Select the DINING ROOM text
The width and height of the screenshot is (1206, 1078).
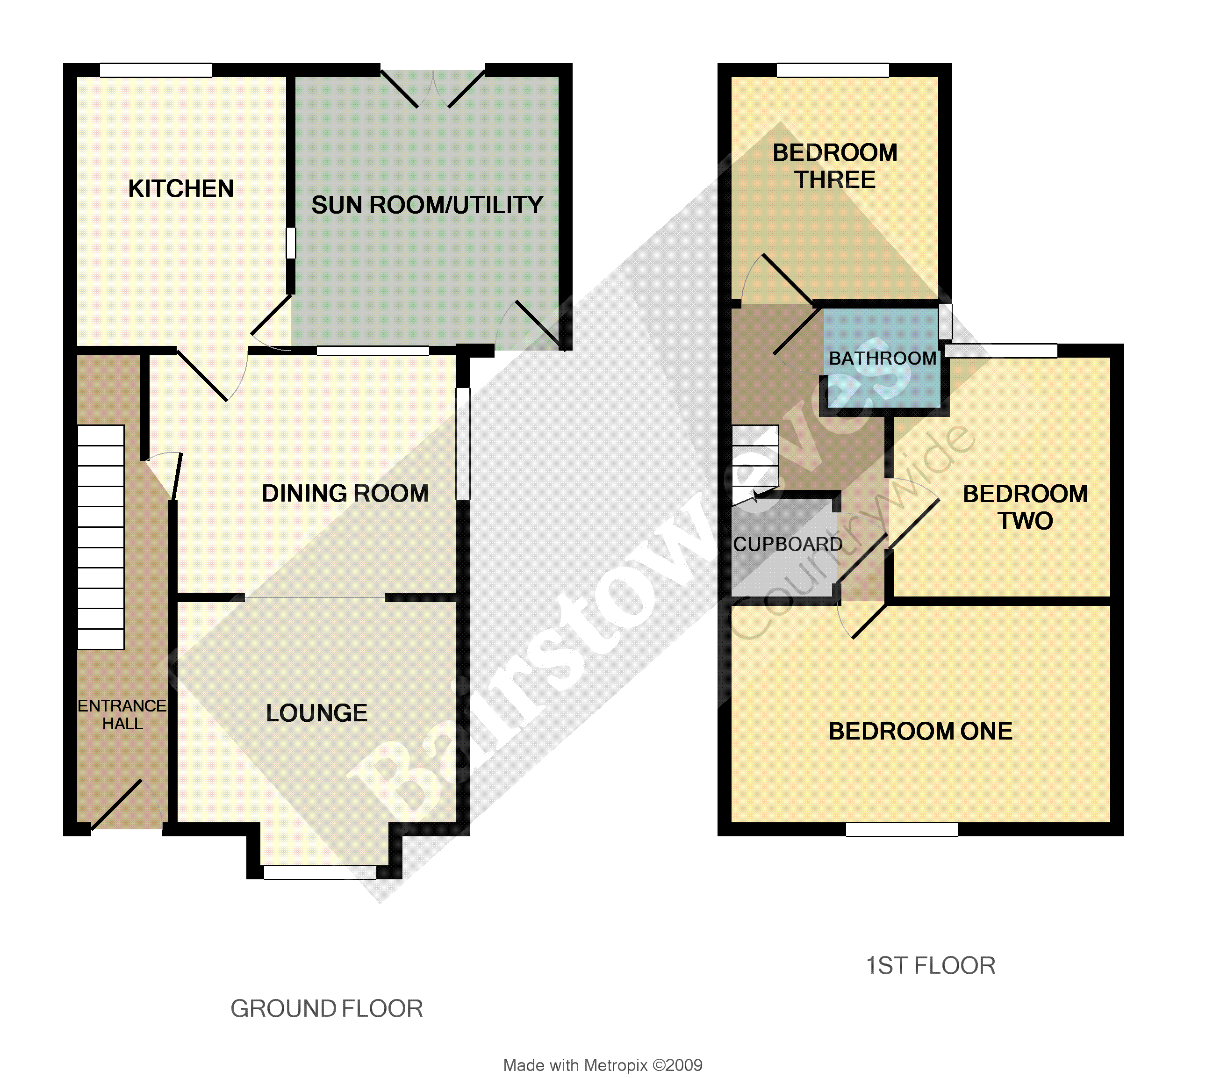coord(345,493)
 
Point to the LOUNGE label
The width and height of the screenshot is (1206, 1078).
coord(317,713)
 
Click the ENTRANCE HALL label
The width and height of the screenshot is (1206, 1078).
coord(122,714)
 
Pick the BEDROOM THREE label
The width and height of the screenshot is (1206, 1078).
coord(835,166)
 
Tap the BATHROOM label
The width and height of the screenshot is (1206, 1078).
coord(883,359)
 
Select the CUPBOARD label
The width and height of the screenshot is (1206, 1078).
coord(788,544)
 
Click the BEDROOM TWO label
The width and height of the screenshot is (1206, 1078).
coord(1026,508)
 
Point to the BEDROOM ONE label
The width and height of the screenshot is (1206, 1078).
coord(920,732)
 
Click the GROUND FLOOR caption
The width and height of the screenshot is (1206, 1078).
coord(327,1009)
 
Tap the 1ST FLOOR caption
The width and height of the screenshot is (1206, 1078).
coord(931,965)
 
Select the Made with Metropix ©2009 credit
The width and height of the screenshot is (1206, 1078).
coord(603,1065)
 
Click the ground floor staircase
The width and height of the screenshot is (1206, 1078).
coord(100,537)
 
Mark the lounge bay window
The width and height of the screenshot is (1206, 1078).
coord(320,872)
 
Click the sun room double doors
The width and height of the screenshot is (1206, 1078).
coord(433,89)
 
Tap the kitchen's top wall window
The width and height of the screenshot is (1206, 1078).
coord(156,70)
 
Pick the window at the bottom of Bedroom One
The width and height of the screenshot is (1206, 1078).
coord(902,830)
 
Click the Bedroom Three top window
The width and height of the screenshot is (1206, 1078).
coord(833,70)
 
